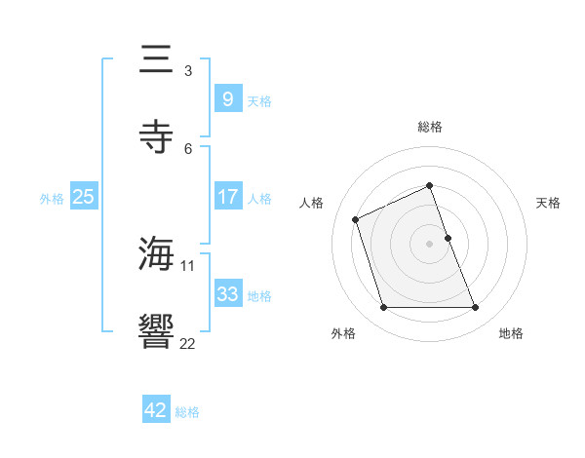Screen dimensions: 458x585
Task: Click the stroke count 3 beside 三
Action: [x=188, y=70]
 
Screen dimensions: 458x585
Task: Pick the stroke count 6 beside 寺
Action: [x=188, y=148]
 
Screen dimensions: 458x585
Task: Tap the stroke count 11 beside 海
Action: [x=188, y=265]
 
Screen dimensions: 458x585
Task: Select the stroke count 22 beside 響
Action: [x=188, y=342]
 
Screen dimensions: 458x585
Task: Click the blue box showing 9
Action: [x=227, y=98]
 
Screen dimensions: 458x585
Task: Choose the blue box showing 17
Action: [x=227, y=196]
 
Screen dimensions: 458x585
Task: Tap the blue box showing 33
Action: [x=227, y=293]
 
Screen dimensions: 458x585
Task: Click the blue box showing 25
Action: [x=84, y=196]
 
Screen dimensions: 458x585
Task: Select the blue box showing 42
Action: [x=156, y=410]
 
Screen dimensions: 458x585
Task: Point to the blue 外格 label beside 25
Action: [x=52, y=198]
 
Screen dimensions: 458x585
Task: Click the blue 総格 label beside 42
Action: [x=187, y=412]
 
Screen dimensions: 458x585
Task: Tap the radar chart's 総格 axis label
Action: [x=430, y=127]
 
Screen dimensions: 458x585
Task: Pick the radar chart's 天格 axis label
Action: [x=549, y=203]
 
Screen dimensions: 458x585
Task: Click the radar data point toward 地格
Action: [x=476, y=308]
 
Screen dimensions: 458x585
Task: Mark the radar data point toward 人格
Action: [x=356, y=219]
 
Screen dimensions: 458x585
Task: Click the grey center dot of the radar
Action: [x=430, y=244]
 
